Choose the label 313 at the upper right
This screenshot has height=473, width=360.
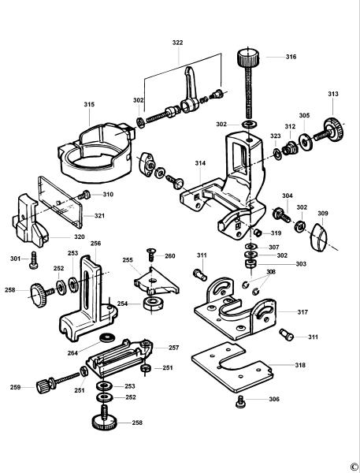coord(333,94)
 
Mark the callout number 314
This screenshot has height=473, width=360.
coord(201,163)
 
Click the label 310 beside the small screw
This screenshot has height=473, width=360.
coord(108,194)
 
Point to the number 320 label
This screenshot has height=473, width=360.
coord(80,236)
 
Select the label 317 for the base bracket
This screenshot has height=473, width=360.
coord(302,312)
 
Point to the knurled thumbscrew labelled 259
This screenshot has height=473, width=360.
coord(45,385)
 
